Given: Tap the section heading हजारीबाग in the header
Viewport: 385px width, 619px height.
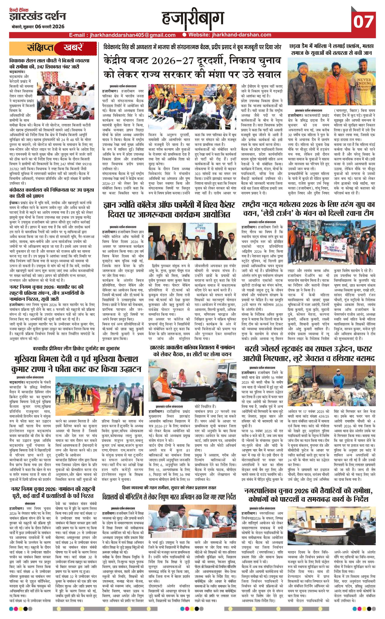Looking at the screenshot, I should [193, 18].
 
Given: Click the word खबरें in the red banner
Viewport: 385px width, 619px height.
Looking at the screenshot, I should [72, 48].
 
